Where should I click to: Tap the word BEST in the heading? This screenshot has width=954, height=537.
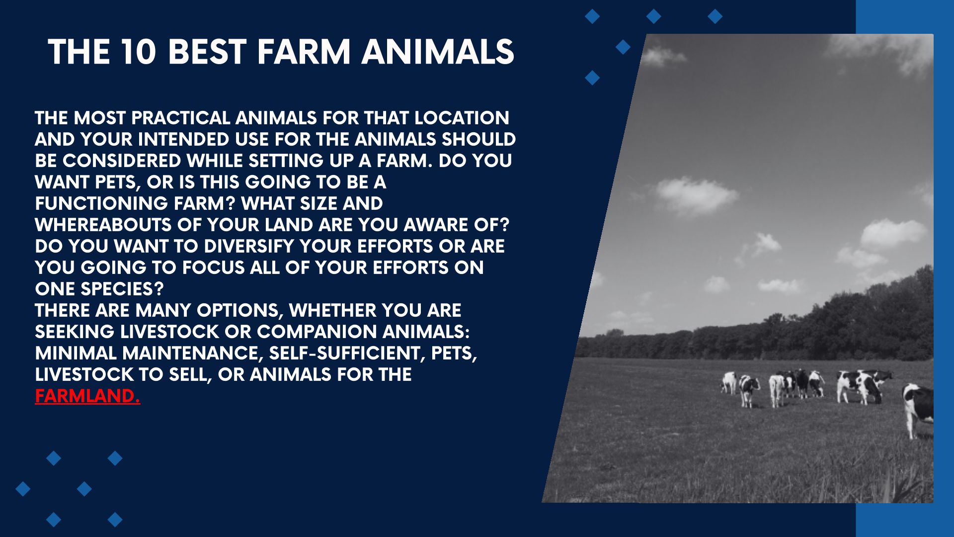pyautogui.click(x=208, y=52)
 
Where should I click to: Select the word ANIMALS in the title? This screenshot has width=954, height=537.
pyautogui.click(x=438, y=52)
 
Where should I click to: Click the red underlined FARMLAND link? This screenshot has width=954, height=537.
pyautogui.click(x=87, y=396)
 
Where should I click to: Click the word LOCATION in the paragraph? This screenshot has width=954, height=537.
pyautogui.click(x=462, y=118)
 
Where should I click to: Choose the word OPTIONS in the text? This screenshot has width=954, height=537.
pyautogui.click(x=240, y=310)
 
